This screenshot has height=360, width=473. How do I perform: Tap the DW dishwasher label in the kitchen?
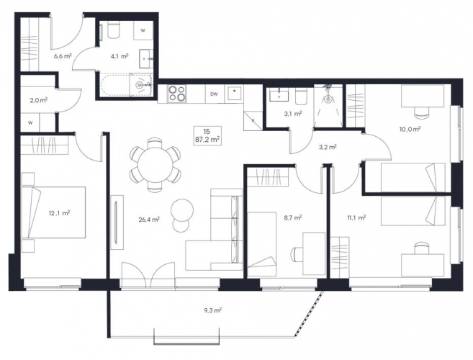[214, 94]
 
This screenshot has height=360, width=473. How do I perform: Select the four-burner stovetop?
[177, 94]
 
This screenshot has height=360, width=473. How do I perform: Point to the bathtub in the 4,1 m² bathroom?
[126, 85]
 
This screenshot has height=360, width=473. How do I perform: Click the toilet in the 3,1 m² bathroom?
[301, 96]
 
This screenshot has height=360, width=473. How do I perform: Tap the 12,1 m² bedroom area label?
[60, 213]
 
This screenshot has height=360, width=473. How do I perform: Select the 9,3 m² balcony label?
[214, 310]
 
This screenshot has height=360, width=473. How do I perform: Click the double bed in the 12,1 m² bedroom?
[53, 212]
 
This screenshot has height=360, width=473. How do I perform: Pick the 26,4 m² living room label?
[149, 220]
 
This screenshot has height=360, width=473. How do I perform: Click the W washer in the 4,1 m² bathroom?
[143, 30]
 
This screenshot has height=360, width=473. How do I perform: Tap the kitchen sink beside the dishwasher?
[235, 94]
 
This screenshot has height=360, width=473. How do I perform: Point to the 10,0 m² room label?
[410, 130]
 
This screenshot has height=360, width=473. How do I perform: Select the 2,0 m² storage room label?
[39, 101]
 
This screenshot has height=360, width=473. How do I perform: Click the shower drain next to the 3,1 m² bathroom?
[328, 99]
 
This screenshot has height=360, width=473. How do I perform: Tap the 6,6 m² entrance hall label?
[63, 56]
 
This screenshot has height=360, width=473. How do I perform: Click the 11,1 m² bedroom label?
[356, 217]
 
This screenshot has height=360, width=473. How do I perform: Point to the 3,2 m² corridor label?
[328, 148]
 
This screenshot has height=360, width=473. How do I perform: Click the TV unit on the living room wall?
[117, 222]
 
